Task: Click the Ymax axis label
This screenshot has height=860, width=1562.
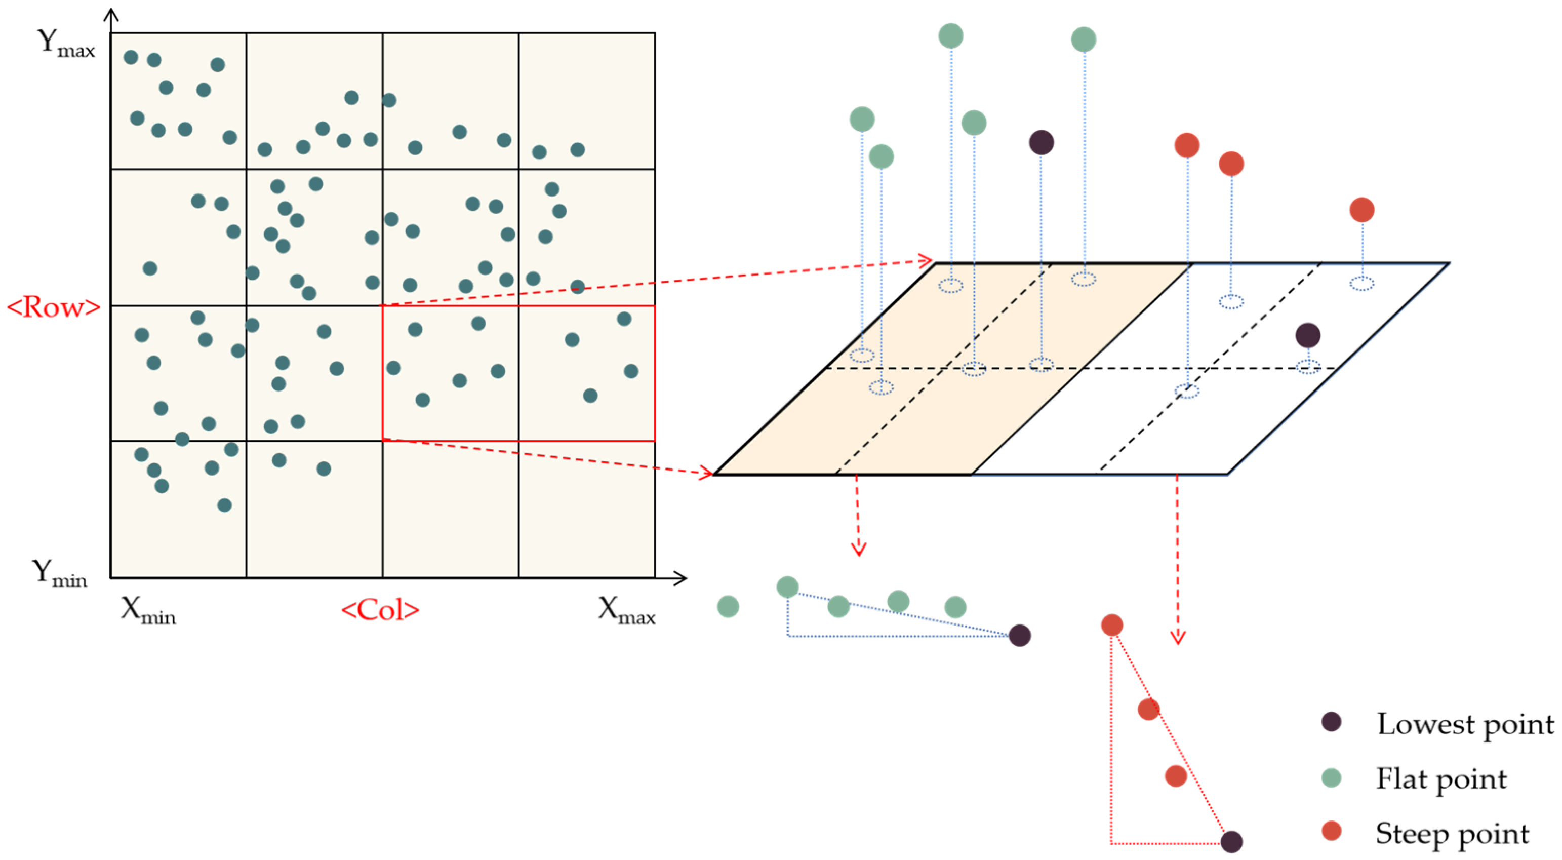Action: (65, 44)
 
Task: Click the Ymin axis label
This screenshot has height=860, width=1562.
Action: (59, 573)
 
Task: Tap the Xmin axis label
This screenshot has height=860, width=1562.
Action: (148, 610)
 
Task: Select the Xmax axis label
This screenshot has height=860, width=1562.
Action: (626, 610)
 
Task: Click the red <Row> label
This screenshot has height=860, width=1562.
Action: (53, 307)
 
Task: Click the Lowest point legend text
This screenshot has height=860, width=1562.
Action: (1465, 724)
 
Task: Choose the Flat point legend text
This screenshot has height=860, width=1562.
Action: (1440, 779)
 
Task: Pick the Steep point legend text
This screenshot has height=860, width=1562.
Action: (1452, 833)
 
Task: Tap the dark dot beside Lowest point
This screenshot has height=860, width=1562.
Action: (1331, 722)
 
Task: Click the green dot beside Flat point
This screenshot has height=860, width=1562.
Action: (1331, 777)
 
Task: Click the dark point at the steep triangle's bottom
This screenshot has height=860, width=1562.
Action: (1231, 841)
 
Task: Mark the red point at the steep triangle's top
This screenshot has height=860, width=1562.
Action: (1111, 624)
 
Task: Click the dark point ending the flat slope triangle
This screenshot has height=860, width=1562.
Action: (1019, 635)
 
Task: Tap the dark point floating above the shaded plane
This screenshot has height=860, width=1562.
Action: (1041, 142)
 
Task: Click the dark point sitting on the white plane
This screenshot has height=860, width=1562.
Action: (1308, 335)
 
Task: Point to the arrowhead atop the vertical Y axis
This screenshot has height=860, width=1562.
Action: (111, 13)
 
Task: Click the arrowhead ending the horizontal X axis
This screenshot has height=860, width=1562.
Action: (682, 578)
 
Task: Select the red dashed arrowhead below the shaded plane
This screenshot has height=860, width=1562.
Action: (858, 550)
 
